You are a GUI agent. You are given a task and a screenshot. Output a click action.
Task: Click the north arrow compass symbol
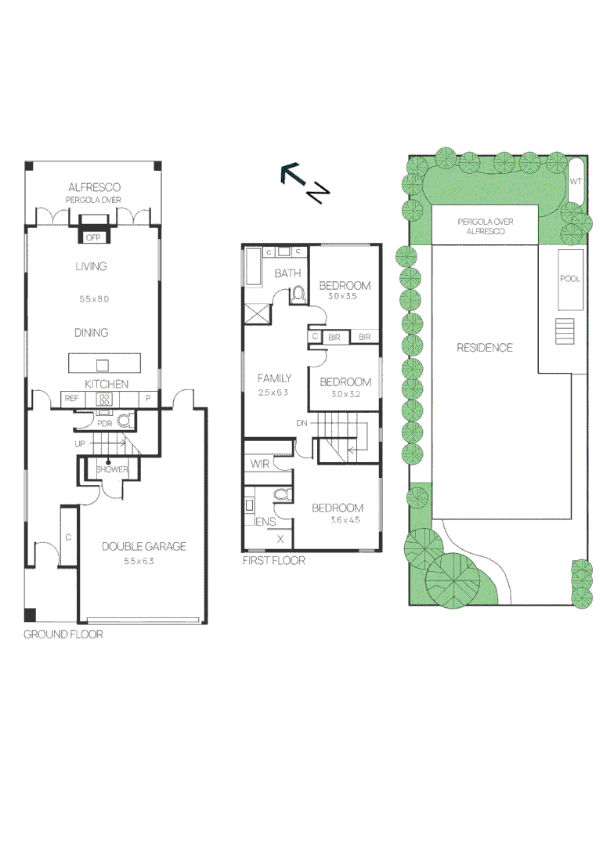click(304, 182)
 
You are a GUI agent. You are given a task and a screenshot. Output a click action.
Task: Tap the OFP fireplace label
click(93, 237)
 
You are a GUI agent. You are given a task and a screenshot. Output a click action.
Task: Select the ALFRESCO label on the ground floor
click(94, 187)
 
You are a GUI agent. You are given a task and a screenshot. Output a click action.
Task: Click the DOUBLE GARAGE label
click(143, 547)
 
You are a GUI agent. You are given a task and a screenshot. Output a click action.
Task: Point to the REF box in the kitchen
click(72, 399)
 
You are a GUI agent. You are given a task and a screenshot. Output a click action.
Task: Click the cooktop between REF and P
click(104, 399)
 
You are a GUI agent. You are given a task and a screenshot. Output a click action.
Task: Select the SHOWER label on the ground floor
click(111, 469)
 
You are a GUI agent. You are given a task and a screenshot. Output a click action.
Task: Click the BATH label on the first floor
click(287, 273)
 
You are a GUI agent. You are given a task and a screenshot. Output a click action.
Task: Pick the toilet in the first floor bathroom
click(298, 294)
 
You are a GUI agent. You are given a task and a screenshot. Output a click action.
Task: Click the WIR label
click(259, 465)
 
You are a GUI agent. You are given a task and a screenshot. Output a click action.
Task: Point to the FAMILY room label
click(274, 378)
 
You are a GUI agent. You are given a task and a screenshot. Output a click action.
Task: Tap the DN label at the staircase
click(302, 423)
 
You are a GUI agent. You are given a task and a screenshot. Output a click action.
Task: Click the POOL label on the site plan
click(570, 279)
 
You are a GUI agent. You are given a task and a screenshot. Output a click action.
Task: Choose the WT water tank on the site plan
click(576, 182)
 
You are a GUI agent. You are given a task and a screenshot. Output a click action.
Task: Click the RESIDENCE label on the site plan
click(485, 348)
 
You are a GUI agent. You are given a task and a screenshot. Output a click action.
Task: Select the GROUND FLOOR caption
click(63, 634)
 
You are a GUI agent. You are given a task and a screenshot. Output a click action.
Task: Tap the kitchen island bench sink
click(103, 365)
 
